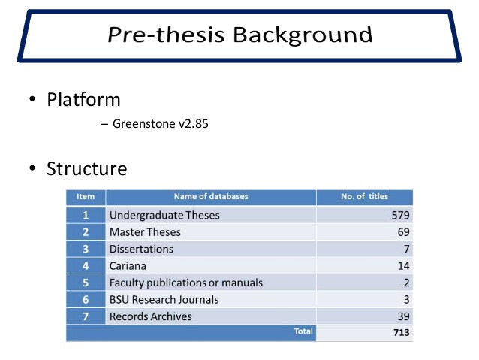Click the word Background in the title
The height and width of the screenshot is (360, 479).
(303, 35)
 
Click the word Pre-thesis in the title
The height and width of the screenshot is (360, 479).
(166, 34)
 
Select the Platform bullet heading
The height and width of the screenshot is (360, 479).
(83, 100)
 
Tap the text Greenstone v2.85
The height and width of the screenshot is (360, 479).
(161, 124)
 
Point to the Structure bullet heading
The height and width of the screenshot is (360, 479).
(87, 168)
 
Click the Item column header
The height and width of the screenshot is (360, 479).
(86, 196)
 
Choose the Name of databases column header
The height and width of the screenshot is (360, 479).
(211, 196)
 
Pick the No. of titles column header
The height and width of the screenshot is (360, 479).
(364, 196)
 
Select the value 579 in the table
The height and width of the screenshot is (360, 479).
(400, 216)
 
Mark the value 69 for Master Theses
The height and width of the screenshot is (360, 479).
(403, 232)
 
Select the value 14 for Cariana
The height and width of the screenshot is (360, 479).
(403, 266)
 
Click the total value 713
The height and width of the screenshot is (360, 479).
(402, 332)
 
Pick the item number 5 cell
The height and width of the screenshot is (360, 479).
(86, 283)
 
